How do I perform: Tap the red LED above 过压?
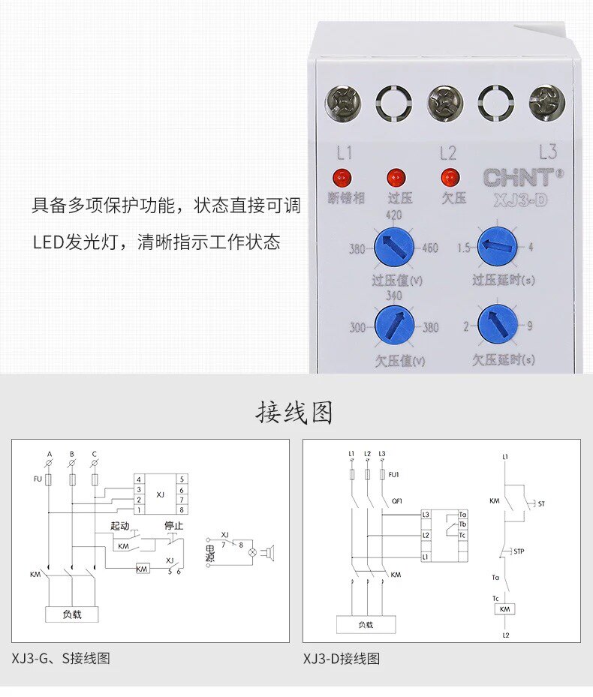(x=396, y=178)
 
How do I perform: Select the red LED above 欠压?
(x=450, y=178)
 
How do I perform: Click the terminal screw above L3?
(x=547, y=104)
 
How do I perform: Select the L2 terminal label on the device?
(x=447, y=154)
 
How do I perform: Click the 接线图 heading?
(x=295, y=413)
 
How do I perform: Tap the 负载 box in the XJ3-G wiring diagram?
(x=72, y=614)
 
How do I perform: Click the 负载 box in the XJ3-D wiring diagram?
(x=365, y=624)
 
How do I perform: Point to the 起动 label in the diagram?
(x=121, y=526)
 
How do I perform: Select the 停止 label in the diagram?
(x=173, y=526)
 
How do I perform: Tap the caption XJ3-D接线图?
(x=342, y=659)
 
